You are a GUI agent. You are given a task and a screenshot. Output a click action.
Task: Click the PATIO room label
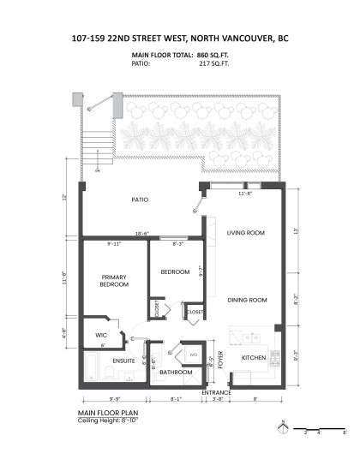[x=140, y=200]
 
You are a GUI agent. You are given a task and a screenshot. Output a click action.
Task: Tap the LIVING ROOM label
[x=244, y=233]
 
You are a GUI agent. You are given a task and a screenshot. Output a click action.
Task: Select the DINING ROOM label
[x=247, y=300]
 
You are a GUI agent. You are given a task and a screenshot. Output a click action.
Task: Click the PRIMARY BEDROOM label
[x=114, y=281]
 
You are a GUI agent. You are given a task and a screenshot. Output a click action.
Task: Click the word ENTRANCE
[x=216, y=392]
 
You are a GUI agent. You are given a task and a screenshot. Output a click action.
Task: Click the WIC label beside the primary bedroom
[x=101, y=334]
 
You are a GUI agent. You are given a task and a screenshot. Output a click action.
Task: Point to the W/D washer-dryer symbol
[x=193, y=355]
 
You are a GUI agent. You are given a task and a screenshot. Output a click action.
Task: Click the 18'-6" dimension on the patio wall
[x=142, y=234]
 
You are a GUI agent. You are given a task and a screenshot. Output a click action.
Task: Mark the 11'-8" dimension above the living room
[x=243, y=194]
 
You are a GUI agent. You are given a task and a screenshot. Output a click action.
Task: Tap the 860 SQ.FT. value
[x=214, y=55]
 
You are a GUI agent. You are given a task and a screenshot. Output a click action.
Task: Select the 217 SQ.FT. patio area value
[x=215, y=63]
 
